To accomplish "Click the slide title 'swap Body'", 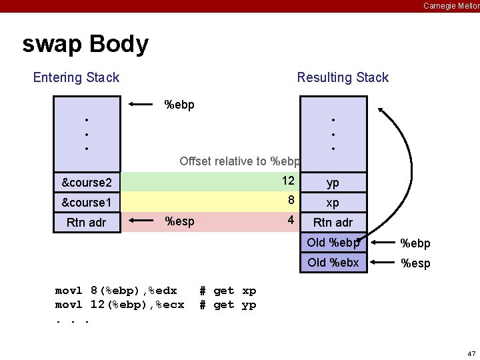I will click(x=85, y=45).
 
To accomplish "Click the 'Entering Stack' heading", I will click(x=76, y=77).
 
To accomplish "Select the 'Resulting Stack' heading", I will click(x=343, y=77).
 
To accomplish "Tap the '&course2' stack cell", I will click(x=87, y=183).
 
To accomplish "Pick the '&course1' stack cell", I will click(x=87, y=202).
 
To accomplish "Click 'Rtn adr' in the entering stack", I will click(x=87, y=222).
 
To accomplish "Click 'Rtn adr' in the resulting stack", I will click(x=333, y=222).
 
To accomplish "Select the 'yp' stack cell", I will click(x=333, y=183).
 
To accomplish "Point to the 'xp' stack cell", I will click(x=333, y=202).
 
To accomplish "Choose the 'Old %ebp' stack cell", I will click(x=333, y=243).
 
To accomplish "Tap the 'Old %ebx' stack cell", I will click(x=333, y=263).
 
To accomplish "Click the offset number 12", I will click(x=288, y=181).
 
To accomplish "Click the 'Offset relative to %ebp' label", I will click(x=239, y=161).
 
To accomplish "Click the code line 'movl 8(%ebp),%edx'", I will click(x=116, y=291).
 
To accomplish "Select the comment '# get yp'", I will click(x=228, y=305).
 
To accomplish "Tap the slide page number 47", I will click(x=471, y=353).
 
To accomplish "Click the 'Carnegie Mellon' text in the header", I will click(x=451, y=5).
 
